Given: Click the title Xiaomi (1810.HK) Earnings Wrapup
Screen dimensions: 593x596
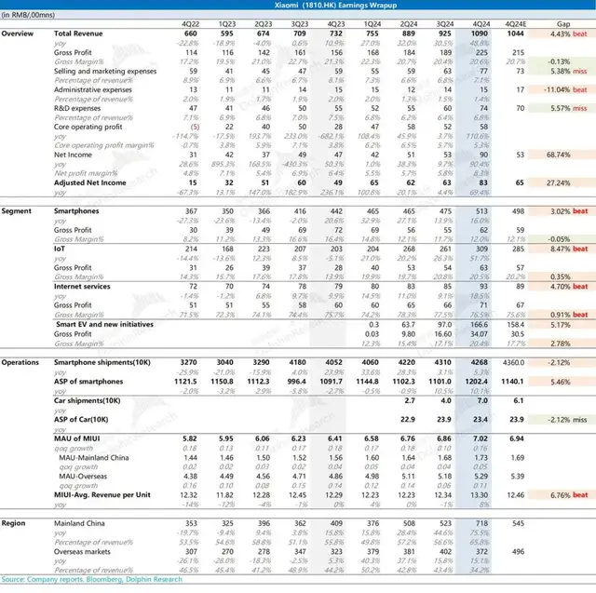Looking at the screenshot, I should pyautogui.click(x=298, y=6).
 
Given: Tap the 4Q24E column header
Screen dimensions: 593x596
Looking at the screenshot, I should pyautogui.click(x=519, y=21).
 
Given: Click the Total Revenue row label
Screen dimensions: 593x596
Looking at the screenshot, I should pyautogui.click(x=75, y=34).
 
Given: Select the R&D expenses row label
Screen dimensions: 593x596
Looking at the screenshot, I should pyautogui.click(x=76, y=108).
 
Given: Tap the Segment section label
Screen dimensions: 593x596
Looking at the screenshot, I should pyautogui.click(x=17, y=212).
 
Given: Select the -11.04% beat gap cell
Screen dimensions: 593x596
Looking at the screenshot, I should pyautogui.click(x=564, y=92).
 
